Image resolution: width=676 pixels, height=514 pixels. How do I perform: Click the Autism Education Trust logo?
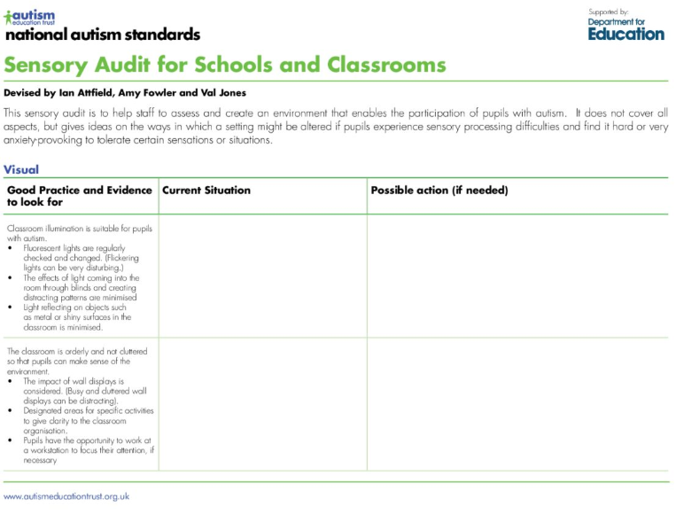click(x=30, y=17)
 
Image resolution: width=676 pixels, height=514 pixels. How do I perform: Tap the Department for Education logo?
click(x=625, y=28)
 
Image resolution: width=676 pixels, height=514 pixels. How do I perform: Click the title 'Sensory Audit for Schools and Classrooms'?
click(x=225, y=65)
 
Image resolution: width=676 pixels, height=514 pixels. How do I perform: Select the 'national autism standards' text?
click(x=102, y=35)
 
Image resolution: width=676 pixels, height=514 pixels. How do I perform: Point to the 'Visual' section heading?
click(x=21, y=169)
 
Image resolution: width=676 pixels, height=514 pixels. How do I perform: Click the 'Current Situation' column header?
click(x=206, y=191)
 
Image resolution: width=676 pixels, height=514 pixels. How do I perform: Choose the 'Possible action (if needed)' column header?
click(x=439, y=191)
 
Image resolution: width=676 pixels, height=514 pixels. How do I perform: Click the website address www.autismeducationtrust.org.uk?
click(x=66, y=496)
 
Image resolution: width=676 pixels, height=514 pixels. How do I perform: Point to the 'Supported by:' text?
click(x=608, y=11)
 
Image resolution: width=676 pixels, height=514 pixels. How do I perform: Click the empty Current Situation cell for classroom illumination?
click(x=262, y=276)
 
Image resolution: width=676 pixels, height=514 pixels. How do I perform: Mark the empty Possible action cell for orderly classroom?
click(x=517, y=404)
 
